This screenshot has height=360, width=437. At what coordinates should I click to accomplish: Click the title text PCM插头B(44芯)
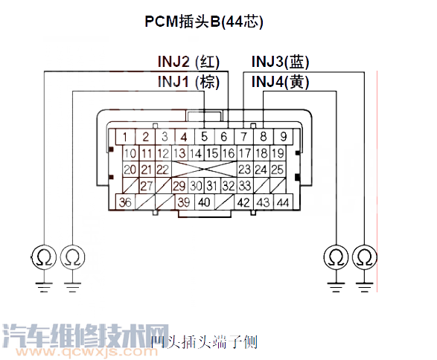point(204,22)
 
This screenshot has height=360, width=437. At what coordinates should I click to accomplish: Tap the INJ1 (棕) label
point(191,81)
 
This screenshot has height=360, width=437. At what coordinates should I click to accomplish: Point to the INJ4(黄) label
point(281,81)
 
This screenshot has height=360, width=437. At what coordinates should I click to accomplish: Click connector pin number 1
point(127,137)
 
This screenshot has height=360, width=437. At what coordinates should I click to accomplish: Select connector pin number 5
point(204,137)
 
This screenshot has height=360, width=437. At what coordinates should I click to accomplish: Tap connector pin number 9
point(283,137)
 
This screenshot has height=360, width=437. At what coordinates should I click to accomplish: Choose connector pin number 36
point(127,202)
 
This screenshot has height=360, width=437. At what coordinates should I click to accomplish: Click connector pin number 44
point(283,202)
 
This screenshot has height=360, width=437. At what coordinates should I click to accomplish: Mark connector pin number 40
point(204,202)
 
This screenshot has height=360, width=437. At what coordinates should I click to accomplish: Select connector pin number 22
point(162,170)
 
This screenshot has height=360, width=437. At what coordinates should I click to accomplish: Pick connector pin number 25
point(277,170)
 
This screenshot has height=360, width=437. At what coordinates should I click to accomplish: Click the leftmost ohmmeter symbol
point(44,257)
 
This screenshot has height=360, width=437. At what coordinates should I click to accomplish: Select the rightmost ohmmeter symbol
point(364,257)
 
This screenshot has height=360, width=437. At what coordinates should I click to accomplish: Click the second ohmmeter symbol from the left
point(72,257)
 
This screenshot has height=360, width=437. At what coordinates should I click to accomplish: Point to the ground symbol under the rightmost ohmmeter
point(364,285)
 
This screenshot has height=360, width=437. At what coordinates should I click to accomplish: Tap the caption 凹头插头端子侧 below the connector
point(203,342)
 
